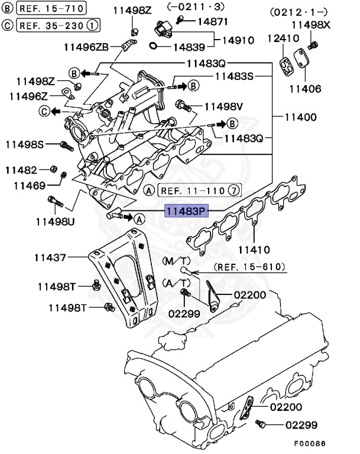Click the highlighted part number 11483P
(186, 211)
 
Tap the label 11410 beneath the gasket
(254, 249)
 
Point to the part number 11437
(50, 258)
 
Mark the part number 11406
(305, 89)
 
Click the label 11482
(21, 170)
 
